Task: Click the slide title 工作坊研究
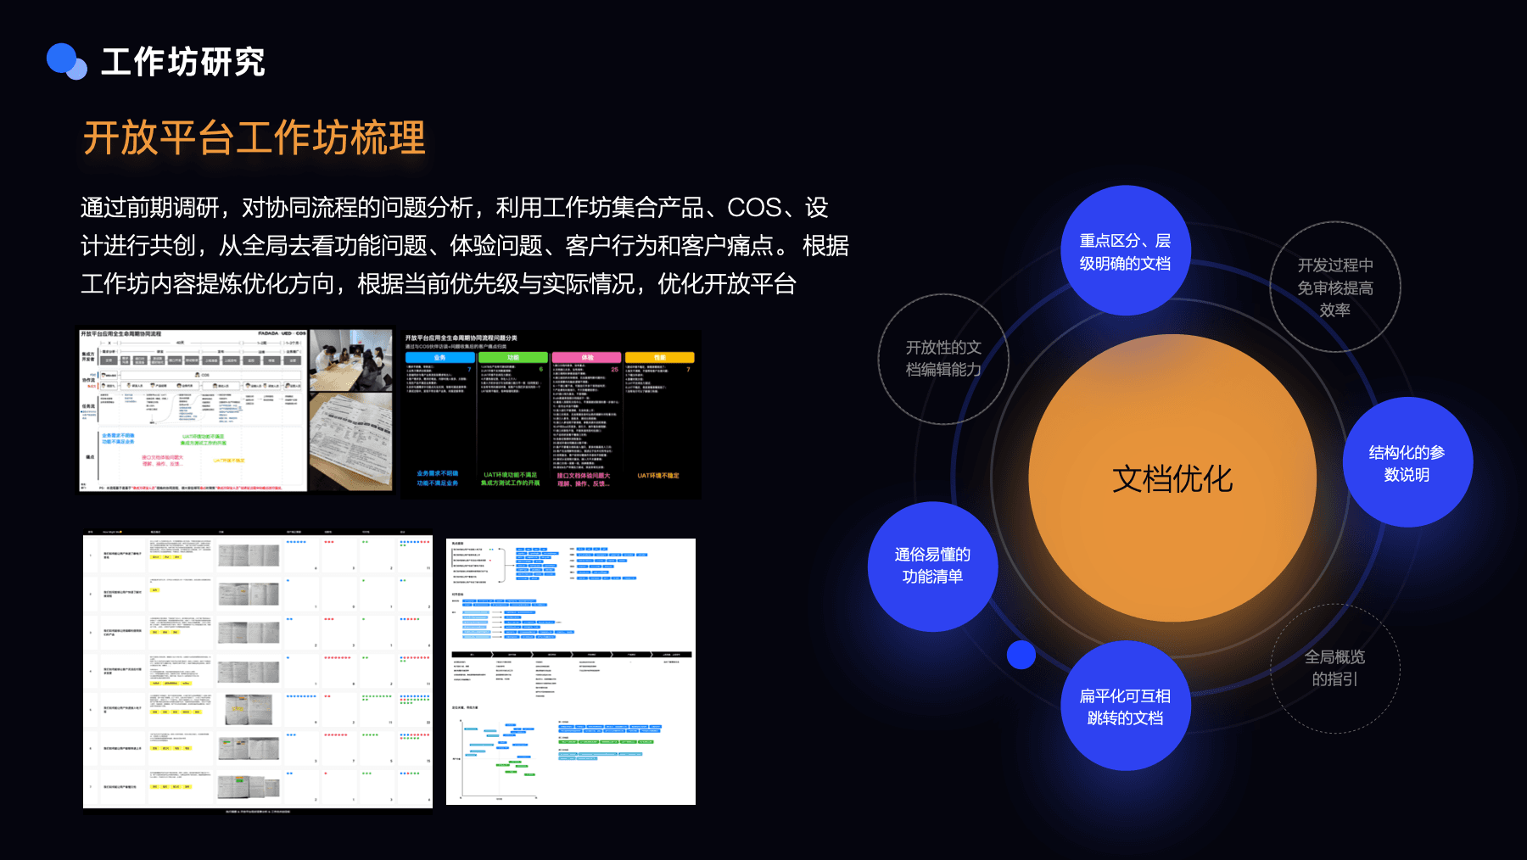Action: [183, 62]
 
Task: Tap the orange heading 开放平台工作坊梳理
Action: [254, 137]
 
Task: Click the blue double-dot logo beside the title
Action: [66, 61]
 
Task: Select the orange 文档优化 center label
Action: [1172, 479]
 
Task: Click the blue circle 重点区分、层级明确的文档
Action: [1125, 251]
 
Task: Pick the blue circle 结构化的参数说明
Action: [1407, 463]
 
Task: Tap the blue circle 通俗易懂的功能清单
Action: [932, 566]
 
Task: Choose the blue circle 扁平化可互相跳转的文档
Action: [1125, 706]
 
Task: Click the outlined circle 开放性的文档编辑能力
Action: [943, 359]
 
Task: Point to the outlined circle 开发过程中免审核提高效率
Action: [1334, 288]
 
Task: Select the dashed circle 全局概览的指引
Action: [1334, 668]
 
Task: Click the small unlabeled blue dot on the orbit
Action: [1021, 655]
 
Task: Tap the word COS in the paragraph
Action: [754, 208]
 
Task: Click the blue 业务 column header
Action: [439, 358]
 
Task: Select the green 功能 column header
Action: [512, 358]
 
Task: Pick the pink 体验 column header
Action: [586, 358]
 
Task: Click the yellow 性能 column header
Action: [659, 358]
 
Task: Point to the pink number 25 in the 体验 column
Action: [614, 370]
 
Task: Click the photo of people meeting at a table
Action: [351, 360]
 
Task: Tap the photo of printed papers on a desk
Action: [351, 441]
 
